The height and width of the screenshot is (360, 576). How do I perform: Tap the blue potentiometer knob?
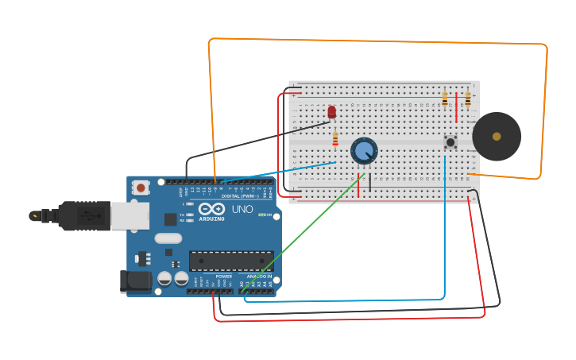coord(364,149)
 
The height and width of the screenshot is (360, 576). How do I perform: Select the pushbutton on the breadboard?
coord(450,142)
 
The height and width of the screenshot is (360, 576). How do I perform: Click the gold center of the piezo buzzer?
coord(497,137)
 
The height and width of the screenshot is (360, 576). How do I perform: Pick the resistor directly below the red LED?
coord(335,138)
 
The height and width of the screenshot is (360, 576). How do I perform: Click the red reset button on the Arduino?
coord(141,188)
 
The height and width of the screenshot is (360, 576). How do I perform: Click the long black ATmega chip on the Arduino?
coord(230,261)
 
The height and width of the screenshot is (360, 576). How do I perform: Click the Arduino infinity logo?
coord(211,208)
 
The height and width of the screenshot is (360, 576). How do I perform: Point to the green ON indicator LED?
coord(261,215)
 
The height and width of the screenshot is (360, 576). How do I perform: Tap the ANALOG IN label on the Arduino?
coord(258,277)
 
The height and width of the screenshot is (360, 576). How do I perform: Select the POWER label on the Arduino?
coord(224,277)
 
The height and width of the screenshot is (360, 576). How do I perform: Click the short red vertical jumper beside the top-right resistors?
coord(456,110)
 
